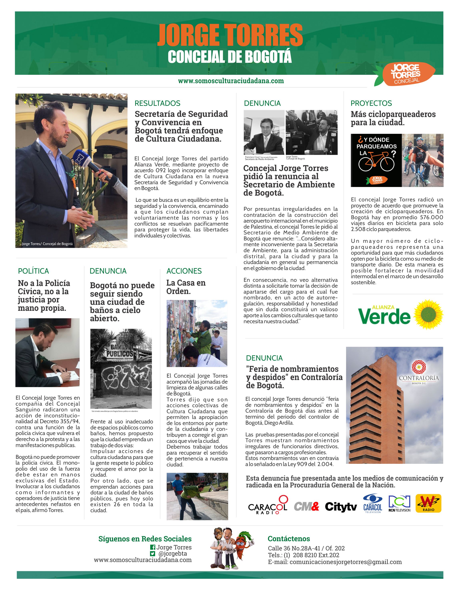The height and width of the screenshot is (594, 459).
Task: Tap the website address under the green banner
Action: coord(231,81)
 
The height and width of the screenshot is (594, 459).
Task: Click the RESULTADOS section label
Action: coord(157,103)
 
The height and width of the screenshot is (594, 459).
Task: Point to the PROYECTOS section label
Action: coord(371,103)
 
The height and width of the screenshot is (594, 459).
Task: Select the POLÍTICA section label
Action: coord(33,271)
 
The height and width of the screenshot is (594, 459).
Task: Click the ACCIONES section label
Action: coord(184,271)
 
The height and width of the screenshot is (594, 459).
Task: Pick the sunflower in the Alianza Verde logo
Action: coord(428,314)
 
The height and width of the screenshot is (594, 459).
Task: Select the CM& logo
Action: coord(306,506)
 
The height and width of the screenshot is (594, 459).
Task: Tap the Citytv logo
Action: coord(341,507)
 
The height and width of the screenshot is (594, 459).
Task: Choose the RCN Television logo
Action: coord(399,504)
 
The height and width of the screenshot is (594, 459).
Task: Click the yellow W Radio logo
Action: coord(428,503)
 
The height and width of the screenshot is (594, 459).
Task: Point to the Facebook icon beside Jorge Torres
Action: coord(153,547)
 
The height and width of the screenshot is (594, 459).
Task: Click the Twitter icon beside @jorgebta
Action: coord(153,553)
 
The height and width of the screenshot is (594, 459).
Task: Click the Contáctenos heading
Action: coord(289,539)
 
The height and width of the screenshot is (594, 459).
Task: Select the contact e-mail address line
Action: coord(335,562)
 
